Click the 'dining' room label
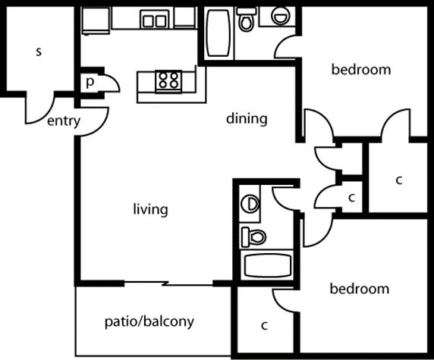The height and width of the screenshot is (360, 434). coord(247,119)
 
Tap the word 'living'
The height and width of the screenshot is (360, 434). coord(150,209)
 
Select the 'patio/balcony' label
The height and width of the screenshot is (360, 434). coord(149,322)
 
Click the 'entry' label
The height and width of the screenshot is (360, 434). coord(64,121)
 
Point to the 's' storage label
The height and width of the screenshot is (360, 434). coord(39,52)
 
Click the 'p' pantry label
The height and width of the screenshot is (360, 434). coord(90,82)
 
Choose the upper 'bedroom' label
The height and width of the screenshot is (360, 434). coord(361,69)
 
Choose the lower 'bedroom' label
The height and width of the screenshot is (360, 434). coord(360,289)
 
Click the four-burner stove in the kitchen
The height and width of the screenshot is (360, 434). coord(168,82)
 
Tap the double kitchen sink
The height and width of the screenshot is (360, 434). coord(155,20)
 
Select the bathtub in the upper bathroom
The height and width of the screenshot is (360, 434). coord(219,33)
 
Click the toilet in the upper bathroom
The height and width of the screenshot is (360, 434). coord(247,19)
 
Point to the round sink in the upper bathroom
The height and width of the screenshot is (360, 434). coord(281,15)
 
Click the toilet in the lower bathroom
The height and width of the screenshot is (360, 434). coord(254,237)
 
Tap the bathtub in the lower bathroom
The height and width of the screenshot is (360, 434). coord(267,265)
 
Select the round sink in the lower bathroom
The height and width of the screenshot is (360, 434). coord(250,204)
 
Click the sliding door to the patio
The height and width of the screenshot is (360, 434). coord(168,283)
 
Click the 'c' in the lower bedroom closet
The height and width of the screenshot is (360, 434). coord(264,325)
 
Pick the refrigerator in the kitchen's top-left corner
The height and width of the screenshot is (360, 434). coord(96,21)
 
